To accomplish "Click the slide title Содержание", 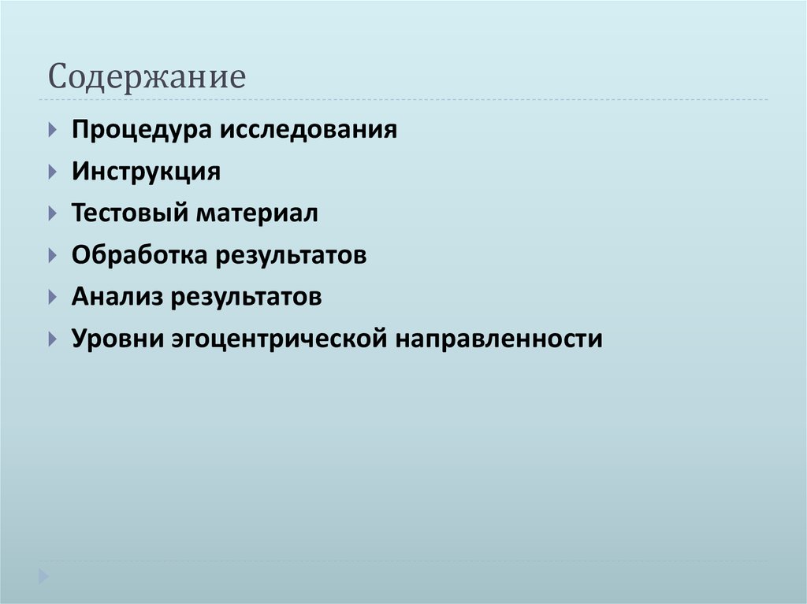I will click(147, 78).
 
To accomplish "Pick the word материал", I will click(257, 213).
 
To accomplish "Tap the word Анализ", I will click(117, 297).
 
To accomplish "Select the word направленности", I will click(499, 340).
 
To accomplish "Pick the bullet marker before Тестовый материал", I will click(52, 213).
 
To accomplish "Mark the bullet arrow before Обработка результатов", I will click(52, 255).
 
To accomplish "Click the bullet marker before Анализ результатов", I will click(52, 298).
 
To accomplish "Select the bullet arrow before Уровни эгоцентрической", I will click(52, 339).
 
